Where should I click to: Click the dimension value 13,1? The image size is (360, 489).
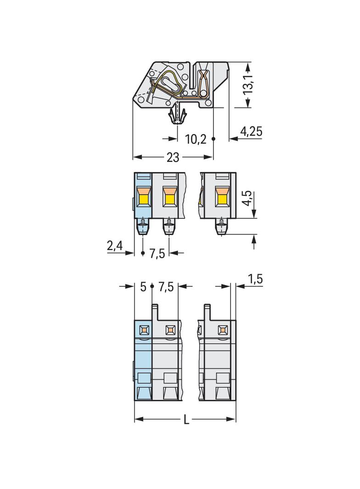[248, 84]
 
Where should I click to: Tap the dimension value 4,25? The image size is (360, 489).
[251, 131]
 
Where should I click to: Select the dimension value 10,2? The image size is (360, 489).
[196, 139]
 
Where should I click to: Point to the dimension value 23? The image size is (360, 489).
[173, 157]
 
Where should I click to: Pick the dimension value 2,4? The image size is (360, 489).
[115, 246]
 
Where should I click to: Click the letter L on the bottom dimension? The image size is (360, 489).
[186, 420]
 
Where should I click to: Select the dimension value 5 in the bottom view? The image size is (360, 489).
[143, 287]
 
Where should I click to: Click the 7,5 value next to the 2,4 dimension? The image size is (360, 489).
[157, 254]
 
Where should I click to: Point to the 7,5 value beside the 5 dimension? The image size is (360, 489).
[166, 287]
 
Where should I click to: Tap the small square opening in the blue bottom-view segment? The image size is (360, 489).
[144, 329]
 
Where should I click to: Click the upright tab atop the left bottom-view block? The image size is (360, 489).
[155, 312]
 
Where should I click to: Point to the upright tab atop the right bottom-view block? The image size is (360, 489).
[207, 312]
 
